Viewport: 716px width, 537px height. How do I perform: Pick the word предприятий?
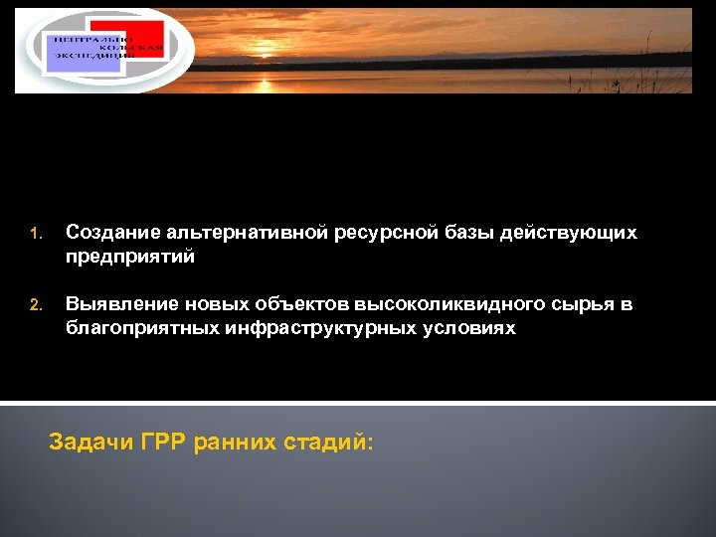[130, 257]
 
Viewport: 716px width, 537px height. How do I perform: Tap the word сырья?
[580, 304]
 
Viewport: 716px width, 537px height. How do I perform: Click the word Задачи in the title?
[91, 443]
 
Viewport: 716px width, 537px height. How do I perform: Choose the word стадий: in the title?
[332, 443]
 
